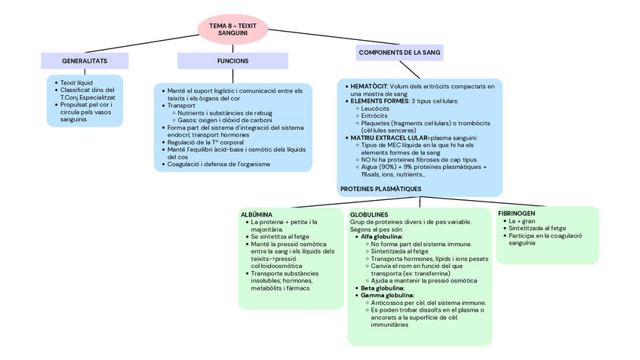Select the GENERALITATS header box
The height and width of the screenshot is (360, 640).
pos(84,60)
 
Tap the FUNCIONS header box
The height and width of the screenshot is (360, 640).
pos(232,60)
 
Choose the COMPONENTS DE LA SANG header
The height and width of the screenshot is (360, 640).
pos(400,53)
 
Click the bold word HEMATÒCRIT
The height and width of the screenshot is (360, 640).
pos(369,87)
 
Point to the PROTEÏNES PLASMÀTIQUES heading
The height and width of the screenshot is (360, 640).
pos(380,189)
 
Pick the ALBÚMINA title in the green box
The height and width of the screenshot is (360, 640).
pos(257,214)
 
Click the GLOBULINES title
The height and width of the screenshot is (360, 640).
pos(369,214)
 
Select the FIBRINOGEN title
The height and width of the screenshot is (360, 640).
pos(517,214)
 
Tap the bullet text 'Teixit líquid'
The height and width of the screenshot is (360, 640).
pos(76,82)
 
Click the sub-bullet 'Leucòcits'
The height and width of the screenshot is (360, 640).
pos(375,109)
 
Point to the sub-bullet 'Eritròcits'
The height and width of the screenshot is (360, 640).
pos(374,115)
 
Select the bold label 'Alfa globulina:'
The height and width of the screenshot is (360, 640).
pos(382,237)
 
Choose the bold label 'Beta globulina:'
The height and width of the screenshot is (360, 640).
pos(383,288)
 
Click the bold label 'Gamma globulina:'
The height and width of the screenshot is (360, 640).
pos(387,295)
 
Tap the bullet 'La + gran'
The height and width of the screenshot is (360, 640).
pos(522,221)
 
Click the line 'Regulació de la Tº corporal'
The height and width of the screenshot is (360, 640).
pos(205,142)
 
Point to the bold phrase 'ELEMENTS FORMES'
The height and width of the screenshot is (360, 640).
pos(380,101)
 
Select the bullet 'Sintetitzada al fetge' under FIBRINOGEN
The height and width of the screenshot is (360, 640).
pos(537,228)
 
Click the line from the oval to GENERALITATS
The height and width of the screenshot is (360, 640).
pos(143,42)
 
